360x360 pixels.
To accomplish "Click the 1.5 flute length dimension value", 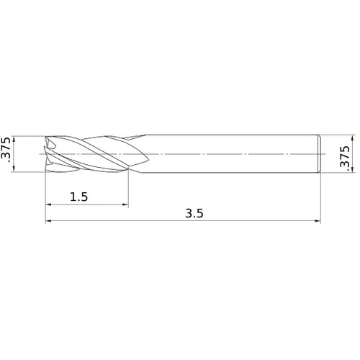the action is point(79,197).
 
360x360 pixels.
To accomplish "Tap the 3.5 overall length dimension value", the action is point(194,213).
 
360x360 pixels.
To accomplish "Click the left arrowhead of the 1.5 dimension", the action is point(48,204).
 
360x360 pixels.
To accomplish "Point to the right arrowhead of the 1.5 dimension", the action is point(125,204).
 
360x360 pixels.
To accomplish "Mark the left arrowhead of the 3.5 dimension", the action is point(48,220).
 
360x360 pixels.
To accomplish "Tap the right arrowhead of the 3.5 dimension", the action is point(318,220).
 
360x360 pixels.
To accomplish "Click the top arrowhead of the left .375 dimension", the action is point(14,140).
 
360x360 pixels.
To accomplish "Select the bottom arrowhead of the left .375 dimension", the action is point(14,168).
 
